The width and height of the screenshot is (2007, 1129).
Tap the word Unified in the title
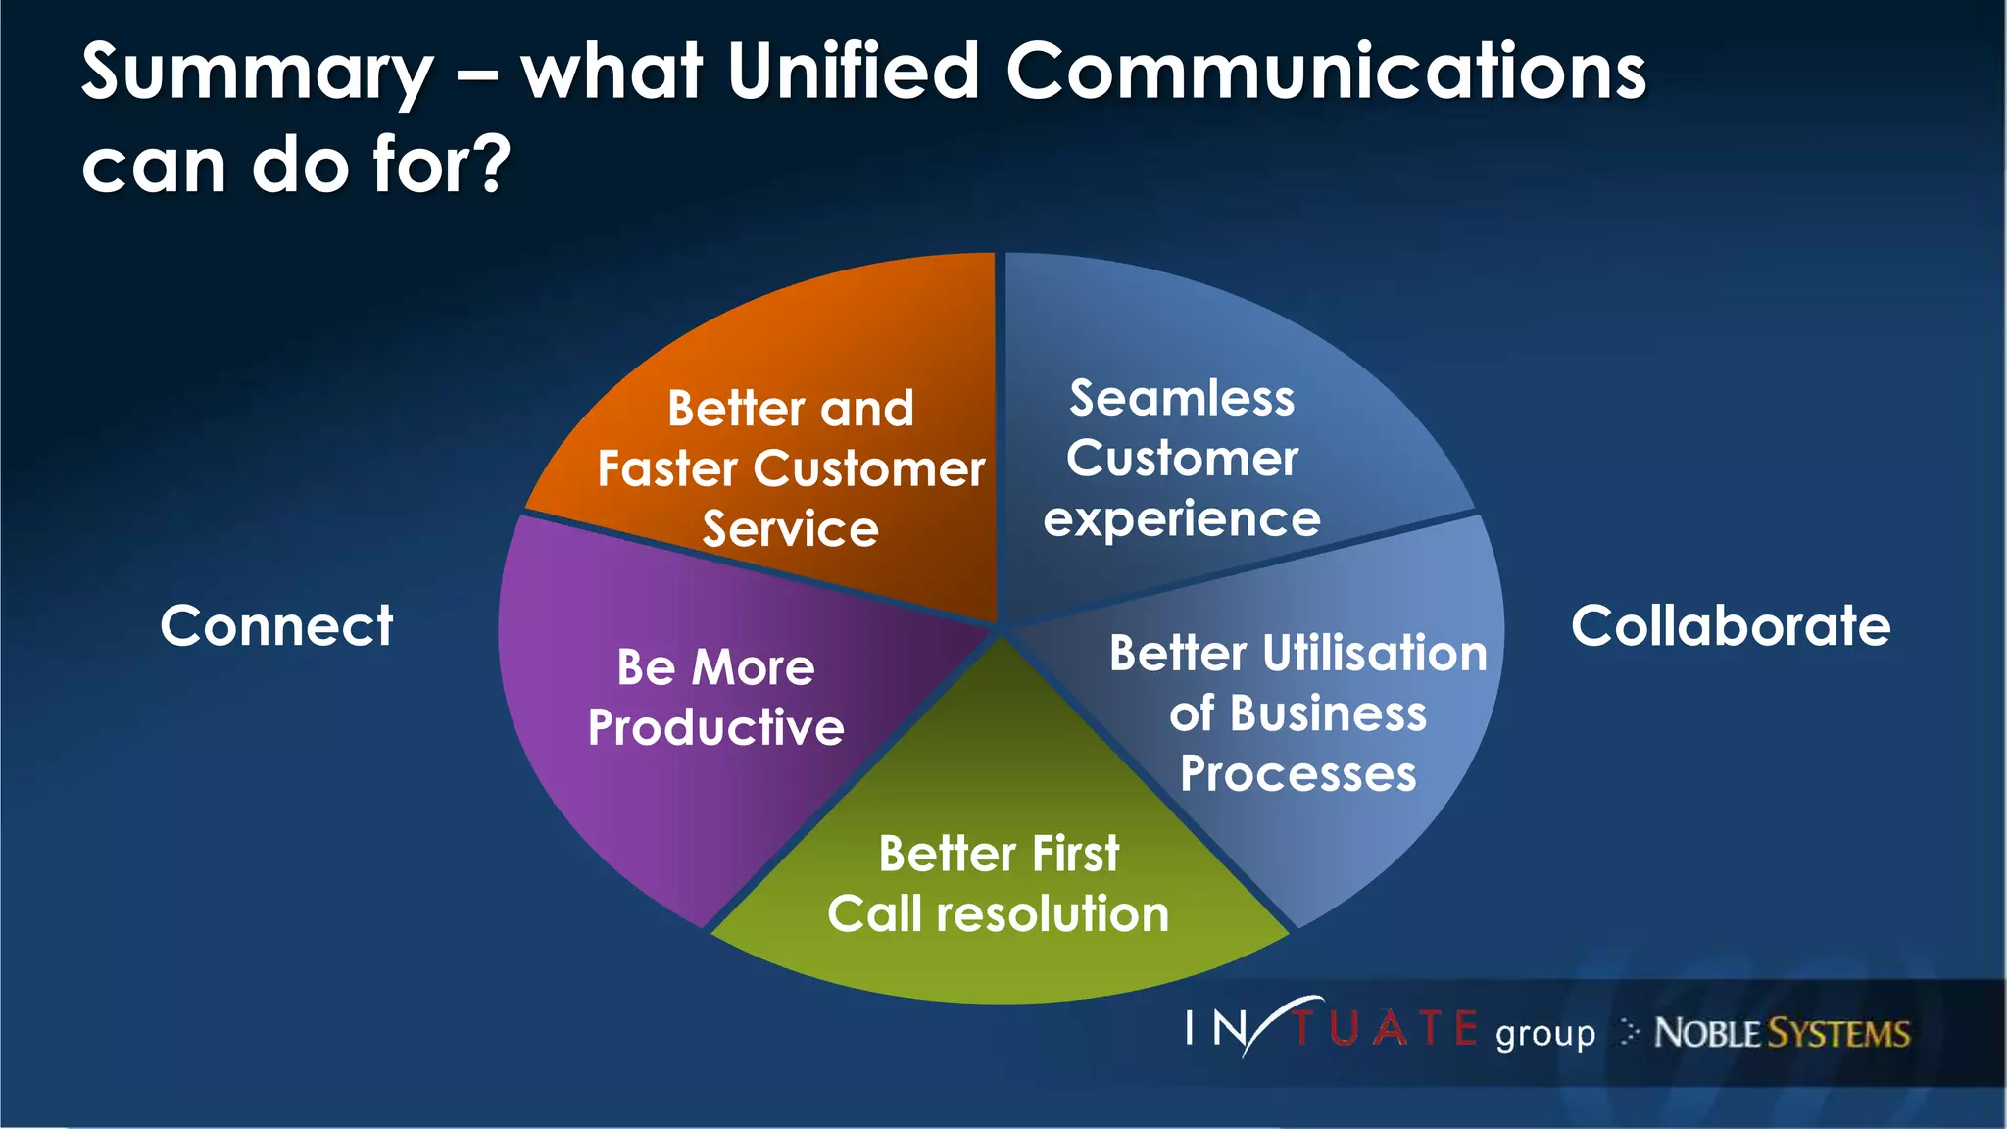click(x=853, y=71)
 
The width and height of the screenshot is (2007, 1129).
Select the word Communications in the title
click(x=1326, y=71)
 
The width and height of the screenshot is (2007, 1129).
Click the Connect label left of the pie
click(x=276, y=625)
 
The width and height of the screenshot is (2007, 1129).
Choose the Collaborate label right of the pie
click(x=1731, y=625)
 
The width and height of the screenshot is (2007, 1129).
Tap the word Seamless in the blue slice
click(x=1182, y=398)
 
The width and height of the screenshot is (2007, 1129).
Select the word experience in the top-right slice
click(x=1182, y=519)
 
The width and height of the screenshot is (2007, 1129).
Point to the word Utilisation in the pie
click(x=1375, y=653)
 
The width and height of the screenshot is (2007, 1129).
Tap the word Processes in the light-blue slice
click(x=1297, y=773)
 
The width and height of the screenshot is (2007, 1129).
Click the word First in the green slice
click(x=1075, y=854)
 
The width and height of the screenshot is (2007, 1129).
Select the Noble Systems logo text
click(x=1782, y=1033)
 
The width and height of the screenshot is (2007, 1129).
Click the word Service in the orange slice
click(x=790, y=529)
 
